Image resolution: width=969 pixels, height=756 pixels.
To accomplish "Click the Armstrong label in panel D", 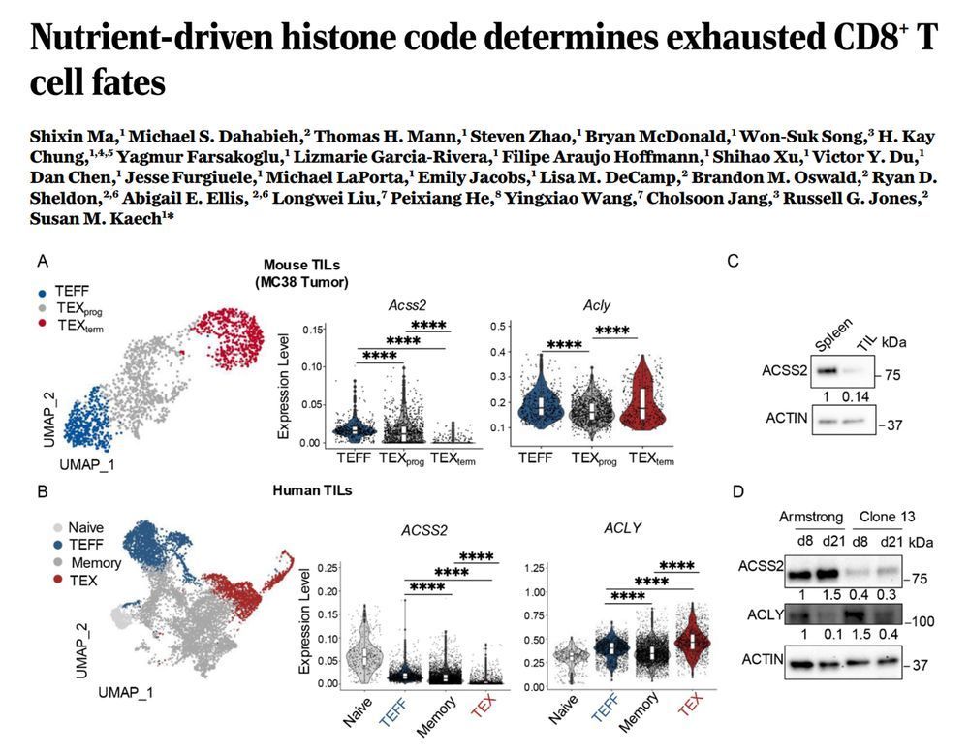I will coord(812,517).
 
